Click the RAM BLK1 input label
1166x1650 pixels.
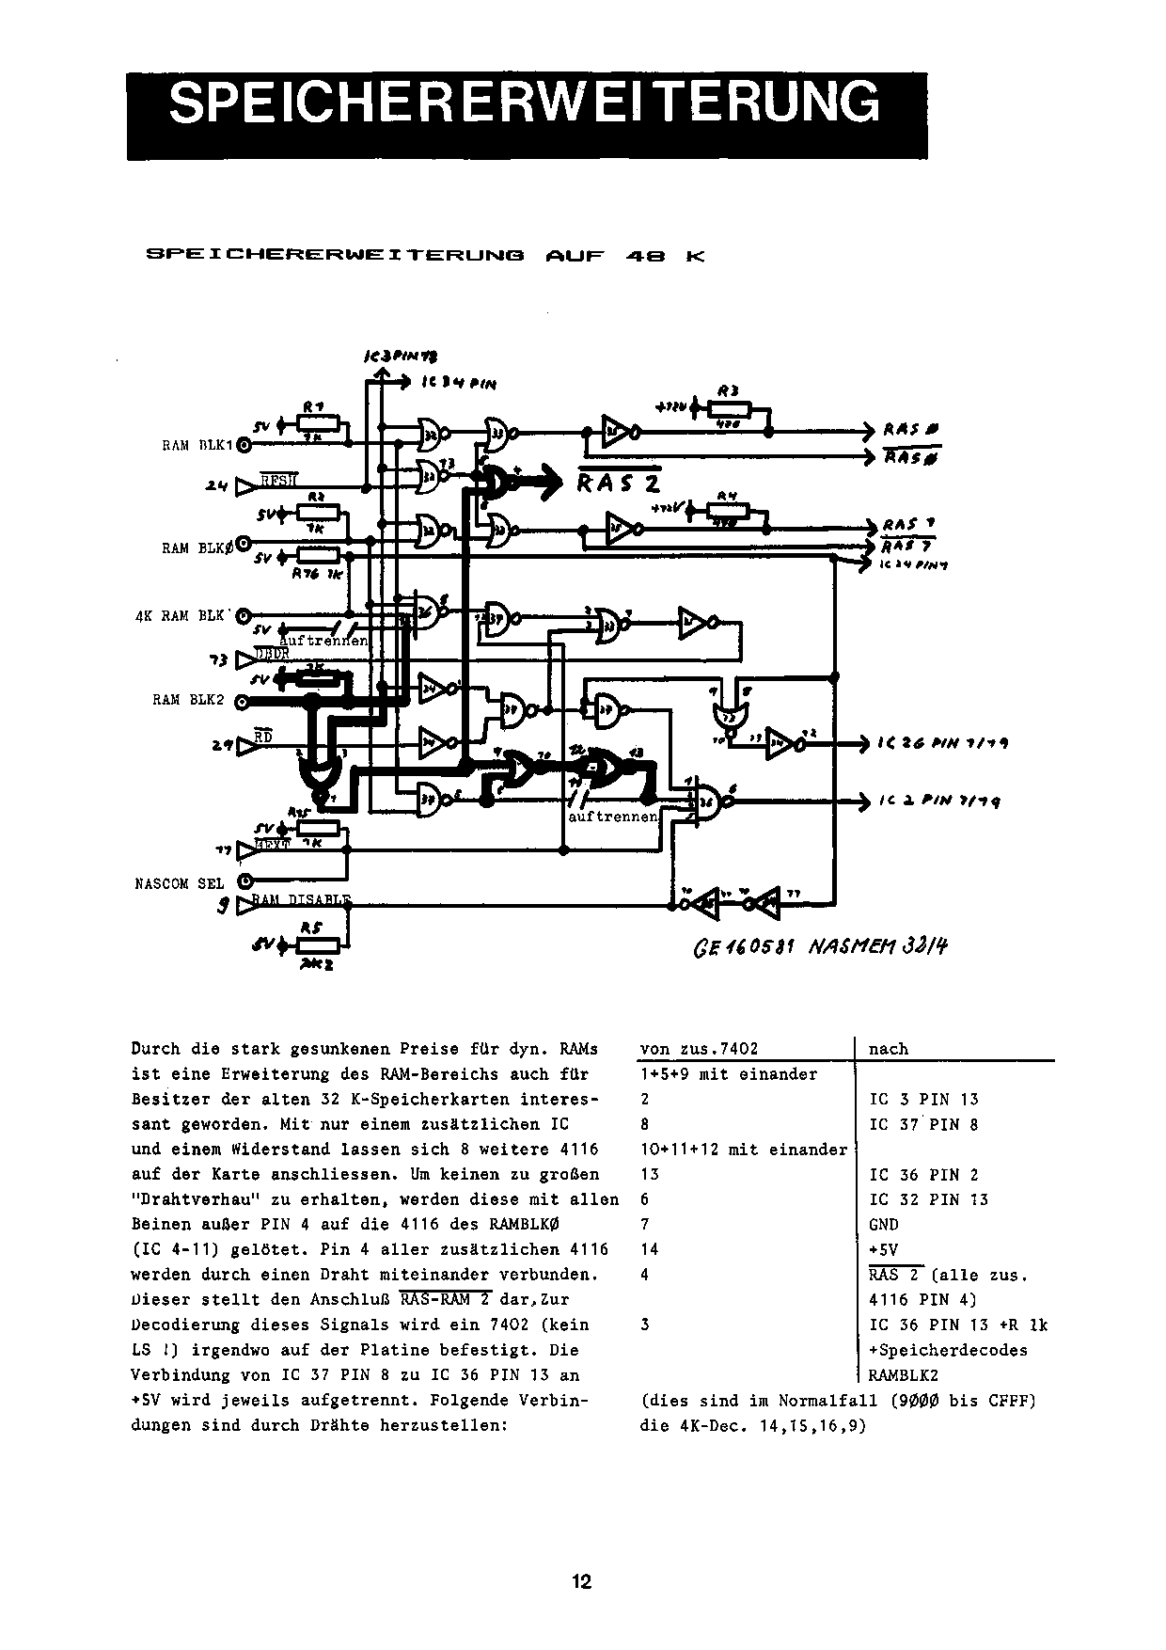click(199, 446)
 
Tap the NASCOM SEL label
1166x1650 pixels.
click(180, 884)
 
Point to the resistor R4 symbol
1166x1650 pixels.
click(726, 511)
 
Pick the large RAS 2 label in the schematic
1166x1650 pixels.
click(619, 483)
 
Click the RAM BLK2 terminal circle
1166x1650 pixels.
click(243, 702)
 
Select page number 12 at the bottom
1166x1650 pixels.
click(582, 1581)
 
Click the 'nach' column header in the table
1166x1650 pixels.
click(889, 1049)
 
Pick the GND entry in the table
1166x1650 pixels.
click(884, 1225)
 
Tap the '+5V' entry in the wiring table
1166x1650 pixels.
click(883, 1249)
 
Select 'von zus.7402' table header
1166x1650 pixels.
click(699, 1049)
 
